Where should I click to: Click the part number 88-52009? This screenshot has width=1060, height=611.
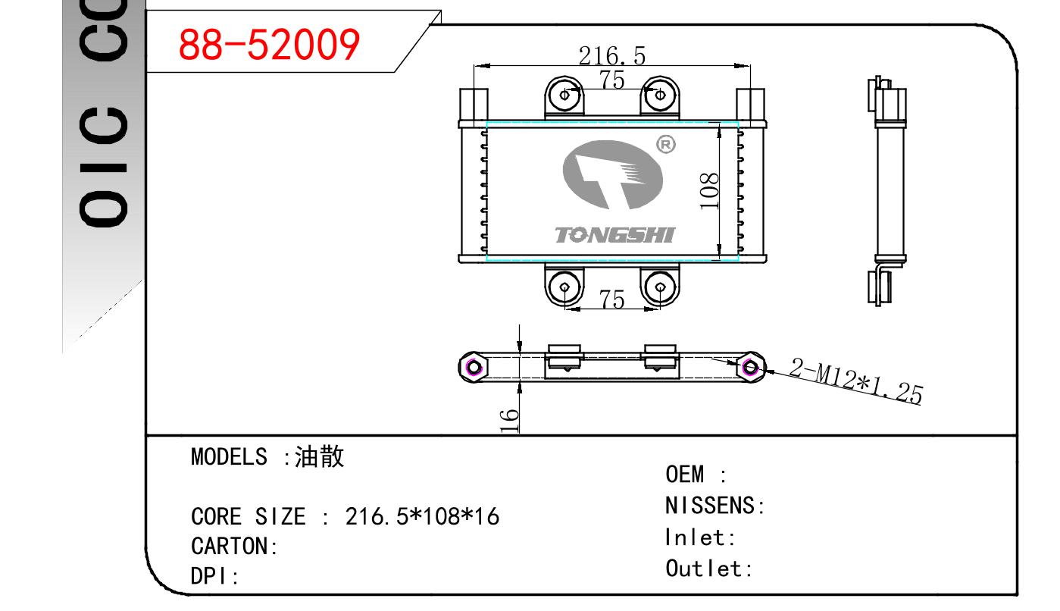coord(268,45)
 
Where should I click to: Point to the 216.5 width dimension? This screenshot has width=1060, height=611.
coord(611,55)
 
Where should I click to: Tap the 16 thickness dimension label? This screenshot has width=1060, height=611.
coord(510,420)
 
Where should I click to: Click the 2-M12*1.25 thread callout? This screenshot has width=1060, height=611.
coord(856,381)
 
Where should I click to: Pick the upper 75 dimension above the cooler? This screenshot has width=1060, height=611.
coord(611,79)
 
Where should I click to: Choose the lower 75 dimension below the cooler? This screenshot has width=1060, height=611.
coord(611,299)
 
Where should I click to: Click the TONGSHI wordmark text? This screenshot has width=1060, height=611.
coord(614,235)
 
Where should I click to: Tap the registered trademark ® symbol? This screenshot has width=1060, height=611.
coord(665,144)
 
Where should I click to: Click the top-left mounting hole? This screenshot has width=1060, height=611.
coord(564,95)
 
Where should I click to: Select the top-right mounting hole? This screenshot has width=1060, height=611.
coord(660,95)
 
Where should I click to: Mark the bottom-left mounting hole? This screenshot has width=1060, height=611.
coord(564,287)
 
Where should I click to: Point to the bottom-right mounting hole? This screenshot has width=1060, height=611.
coord(660,287)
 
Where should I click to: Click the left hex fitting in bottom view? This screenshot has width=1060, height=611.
coord(474,368)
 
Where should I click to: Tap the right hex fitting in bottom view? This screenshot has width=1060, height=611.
coord(750,368)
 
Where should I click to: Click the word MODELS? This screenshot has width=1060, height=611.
coord(229,456)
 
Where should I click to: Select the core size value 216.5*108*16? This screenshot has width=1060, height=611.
coord(422,517)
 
